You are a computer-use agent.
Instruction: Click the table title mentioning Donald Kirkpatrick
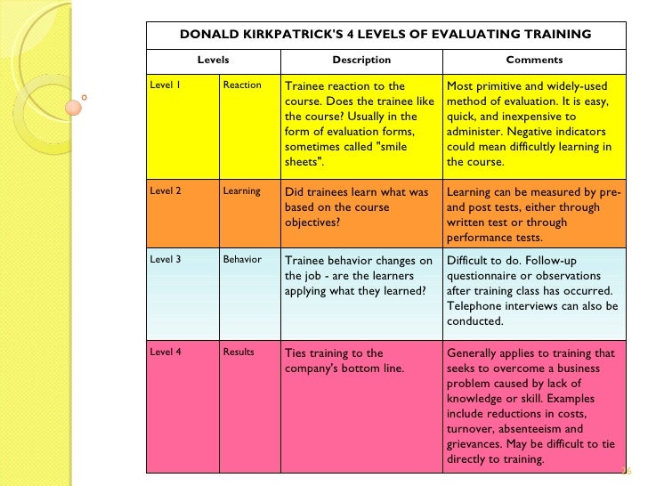[x=385, y=35]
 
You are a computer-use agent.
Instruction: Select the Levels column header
[x=213, y=61]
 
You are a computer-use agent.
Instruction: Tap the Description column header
[x=361, y=61]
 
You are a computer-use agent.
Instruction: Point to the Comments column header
[x=534, y=61]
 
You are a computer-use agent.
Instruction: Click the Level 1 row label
[x=166, y=85]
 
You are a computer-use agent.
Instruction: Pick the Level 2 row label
[x=166, y=191]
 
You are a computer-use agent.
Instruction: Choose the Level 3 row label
[x=166, y=260]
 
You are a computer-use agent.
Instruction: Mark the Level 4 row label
[x=166, y=352]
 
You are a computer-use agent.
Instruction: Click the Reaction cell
[x=242, y=85]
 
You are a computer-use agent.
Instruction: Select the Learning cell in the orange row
[x=242, y=191]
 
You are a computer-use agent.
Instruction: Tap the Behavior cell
[x=242, y=260]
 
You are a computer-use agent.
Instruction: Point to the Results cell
[x=239, y=352]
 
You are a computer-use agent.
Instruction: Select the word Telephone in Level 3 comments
[x=476, y=306]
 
